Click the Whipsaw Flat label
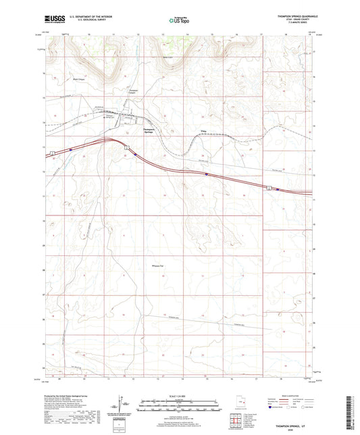pos(159,265)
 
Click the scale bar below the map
pos(179,405)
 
